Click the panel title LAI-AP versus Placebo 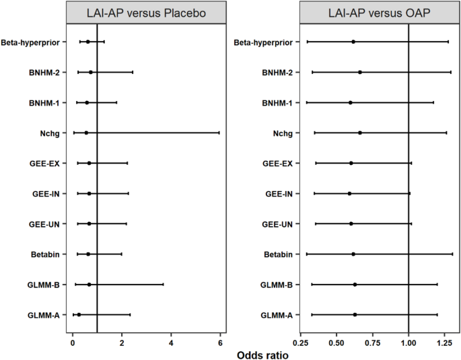[x=147, y=13]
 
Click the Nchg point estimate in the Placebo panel [x=86, y=133]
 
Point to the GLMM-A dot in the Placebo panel [x=79, y=314]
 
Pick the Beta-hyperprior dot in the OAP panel [x=353, y=42]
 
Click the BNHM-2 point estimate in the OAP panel [x=360, y=72]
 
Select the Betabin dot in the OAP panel [x=353, y=254]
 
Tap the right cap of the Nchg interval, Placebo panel [x=219, y=133]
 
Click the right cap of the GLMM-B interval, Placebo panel [x=163, y=284]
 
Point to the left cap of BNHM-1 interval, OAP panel [x=307, y=102]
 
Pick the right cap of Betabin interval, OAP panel [x=452, y=254]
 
